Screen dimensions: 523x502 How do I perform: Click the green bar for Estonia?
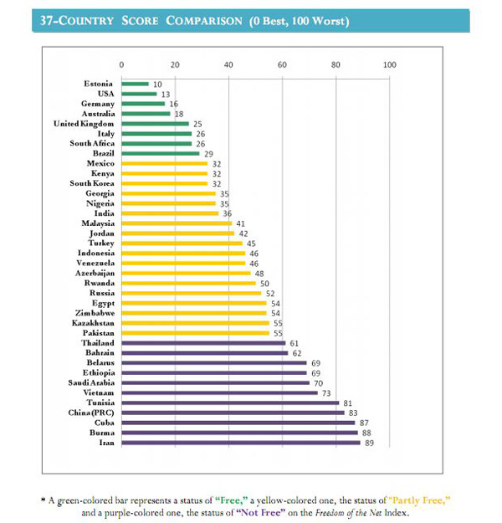tap(136, 84)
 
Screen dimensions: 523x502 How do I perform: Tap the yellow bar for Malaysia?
tap(177, 223)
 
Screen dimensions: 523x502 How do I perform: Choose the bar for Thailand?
tap(203, 343)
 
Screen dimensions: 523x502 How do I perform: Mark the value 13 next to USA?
tap(166, 94)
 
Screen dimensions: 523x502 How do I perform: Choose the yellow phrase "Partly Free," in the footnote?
tap(419, 499)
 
